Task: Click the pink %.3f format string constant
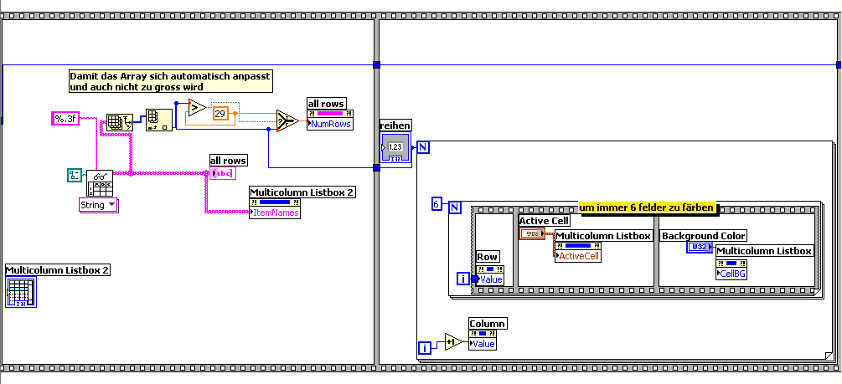65,119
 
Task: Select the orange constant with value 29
220,113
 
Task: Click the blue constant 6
436,204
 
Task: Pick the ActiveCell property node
580,255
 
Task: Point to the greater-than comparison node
194,107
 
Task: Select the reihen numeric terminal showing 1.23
395,148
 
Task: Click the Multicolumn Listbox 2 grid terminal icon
20,292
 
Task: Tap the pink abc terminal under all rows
223,173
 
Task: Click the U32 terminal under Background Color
698,248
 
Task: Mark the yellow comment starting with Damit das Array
170,80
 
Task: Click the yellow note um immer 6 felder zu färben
647,207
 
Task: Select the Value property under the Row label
490,279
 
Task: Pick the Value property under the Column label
486,344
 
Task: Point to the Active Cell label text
545,221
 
